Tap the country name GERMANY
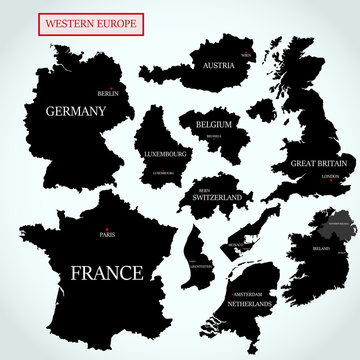(x=74, y=112)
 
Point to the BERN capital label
(x=206, y=187)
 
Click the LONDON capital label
(x=330, y=177)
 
